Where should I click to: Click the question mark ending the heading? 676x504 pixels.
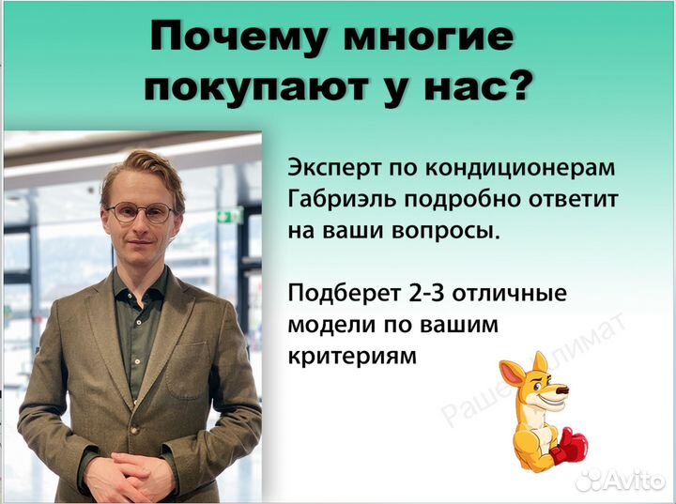click(518, 87)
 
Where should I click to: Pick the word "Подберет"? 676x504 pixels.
click(337, 294)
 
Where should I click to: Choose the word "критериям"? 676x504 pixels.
click(350, 357)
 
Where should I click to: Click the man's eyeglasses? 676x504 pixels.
click(141, 212)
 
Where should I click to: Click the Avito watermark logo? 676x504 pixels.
click(620, 481)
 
